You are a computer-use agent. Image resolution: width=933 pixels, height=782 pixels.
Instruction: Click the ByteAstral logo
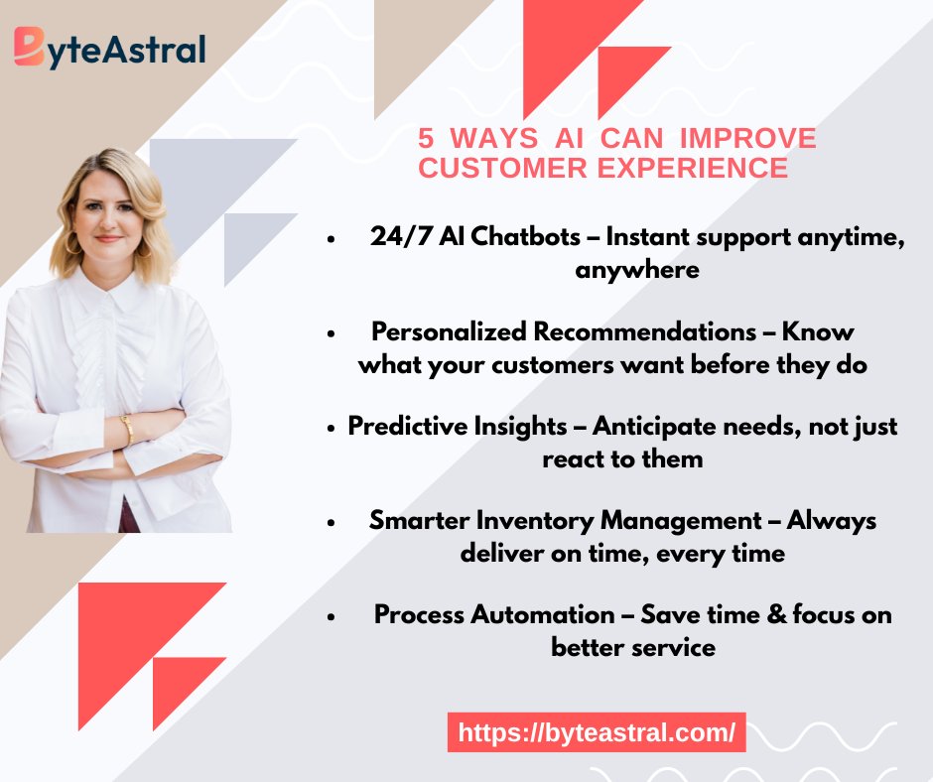109,47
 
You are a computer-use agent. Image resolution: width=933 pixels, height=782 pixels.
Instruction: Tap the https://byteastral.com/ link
596,733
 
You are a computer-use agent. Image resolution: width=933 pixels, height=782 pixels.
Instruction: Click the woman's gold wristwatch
126,429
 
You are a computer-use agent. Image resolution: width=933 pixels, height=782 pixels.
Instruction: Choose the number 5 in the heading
426,138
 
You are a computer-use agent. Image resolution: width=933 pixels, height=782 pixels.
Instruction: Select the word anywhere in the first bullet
637,270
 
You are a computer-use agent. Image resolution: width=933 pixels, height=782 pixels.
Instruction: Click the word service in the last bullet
675,647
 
